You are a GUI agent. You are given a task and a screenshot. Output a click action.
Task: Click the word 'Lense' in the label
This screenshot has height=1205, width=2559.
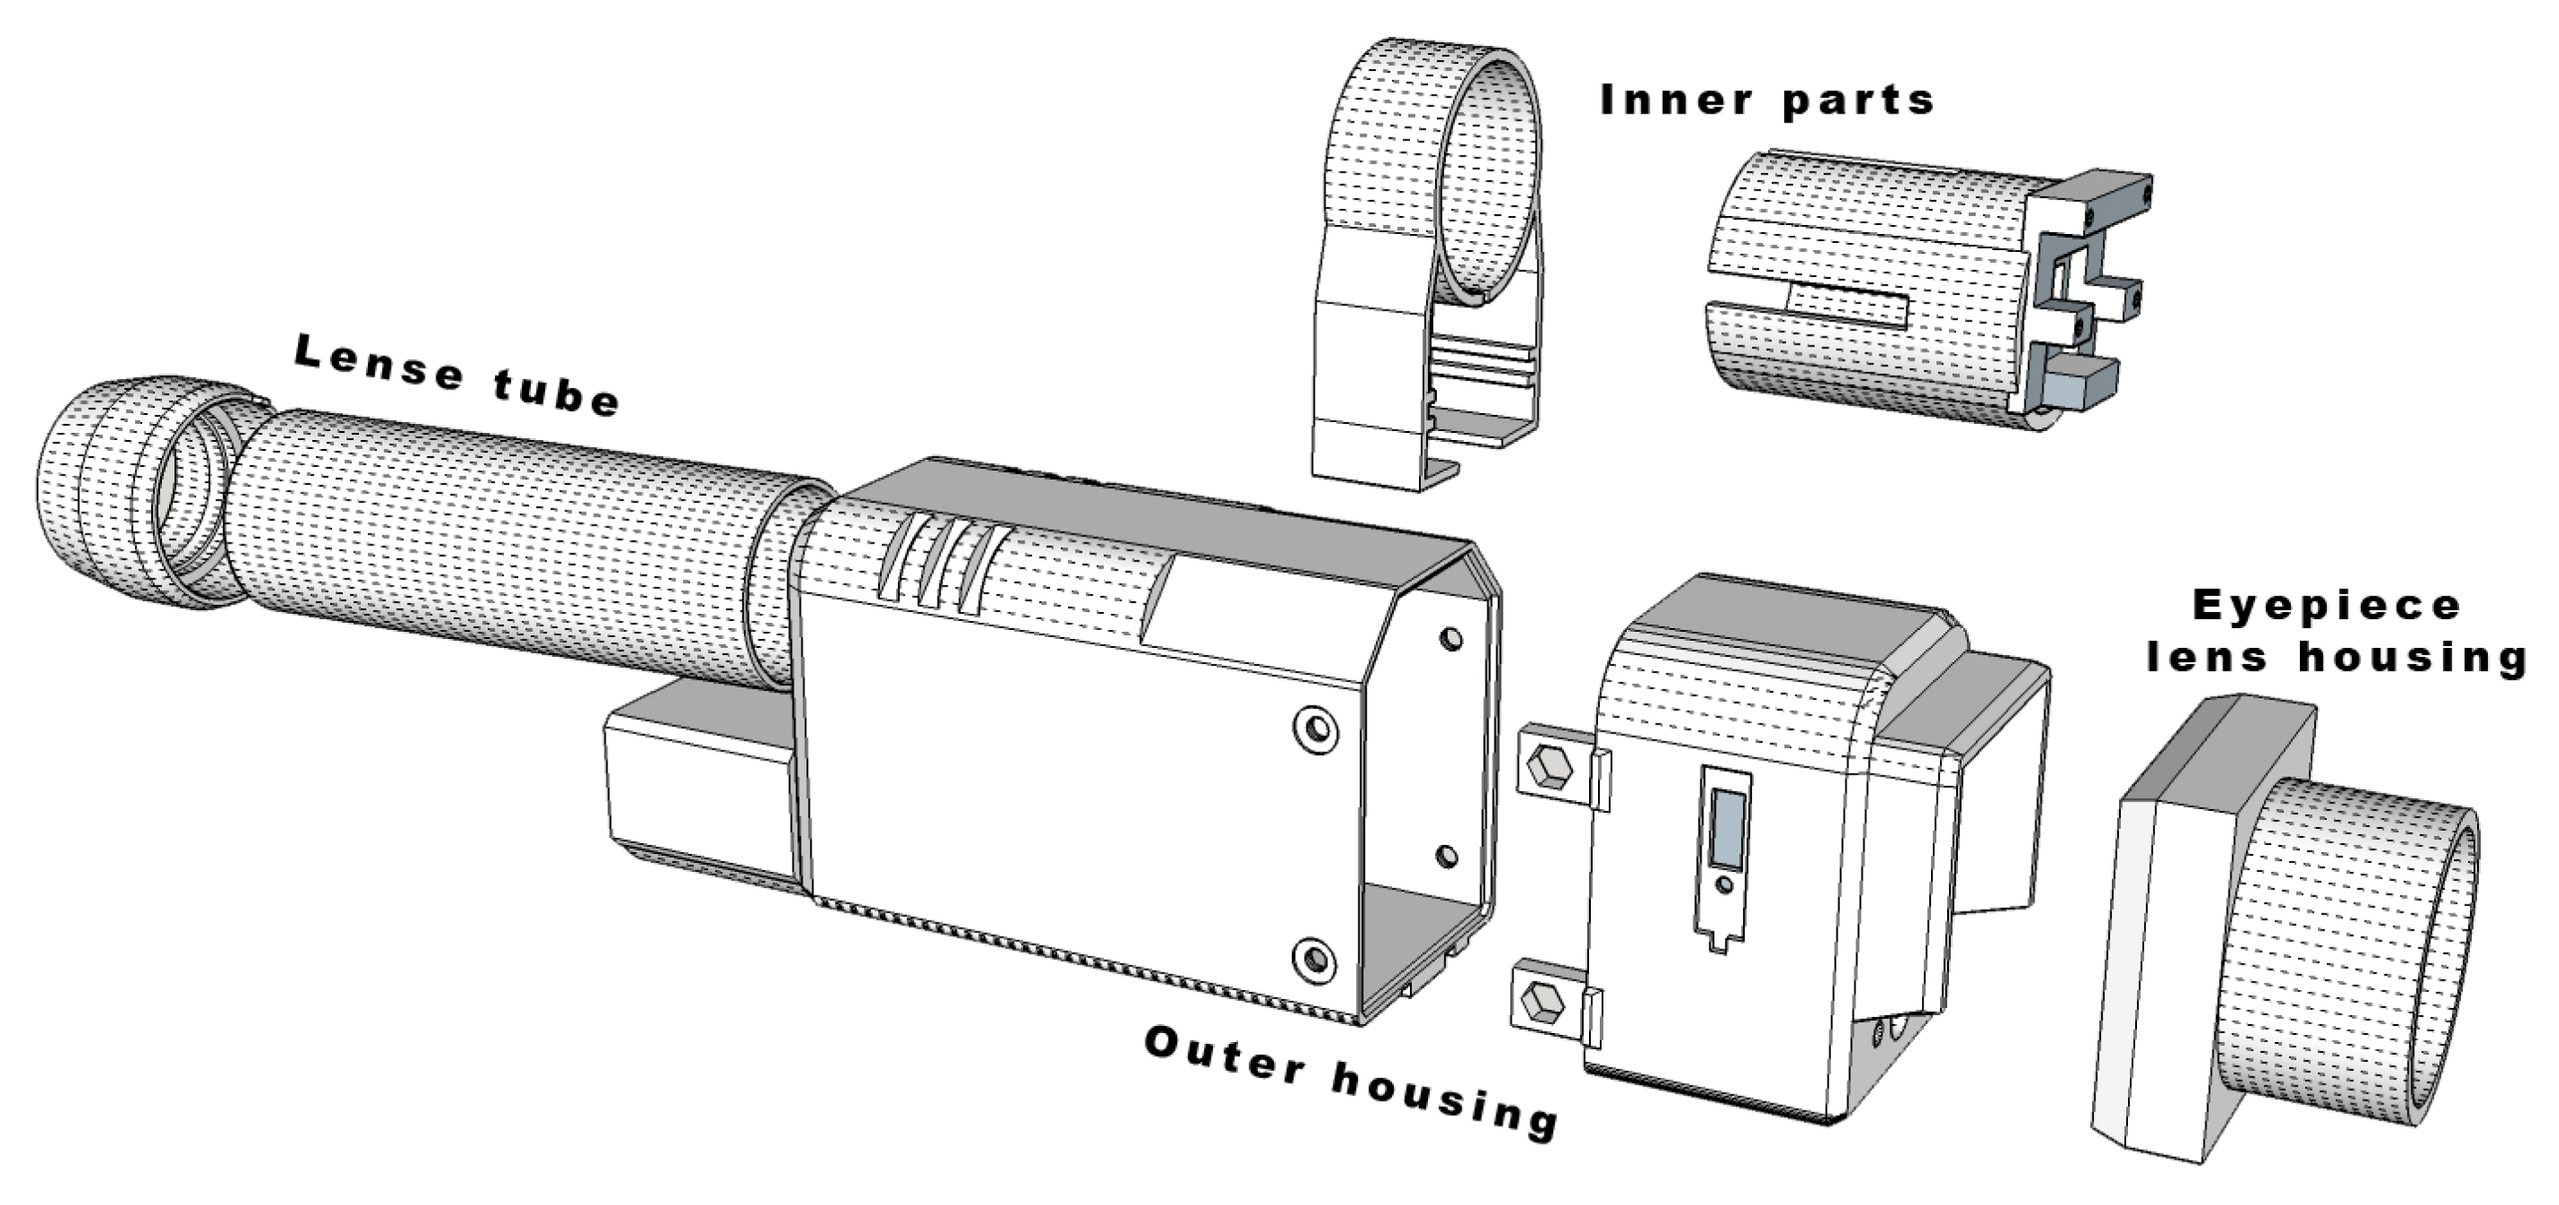pos(379,363)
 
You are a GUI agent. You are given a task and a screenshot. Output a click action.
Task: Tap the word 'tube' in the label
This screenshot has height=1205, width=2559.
pos(556,392)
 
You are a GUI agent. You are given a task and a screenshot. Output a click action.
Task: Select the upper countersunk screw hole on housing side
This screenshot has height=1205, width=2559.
pos(1317,728)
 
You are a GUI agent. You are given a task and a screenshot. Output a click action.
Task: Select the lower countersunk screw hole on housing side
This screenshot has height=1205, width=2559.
pos(1315,958)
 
